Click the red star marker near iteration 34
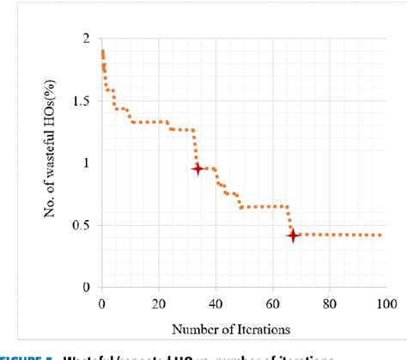pyautogui.click(x=198, y=169)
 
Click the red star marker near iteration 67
pyautogui.click(x=293, y=235)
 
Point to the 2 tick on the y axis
pyautogui.click(x=87, y=39)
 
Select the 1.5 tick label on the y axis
pyautogui.click(x=82, y=101)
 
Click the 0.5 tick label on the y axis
pyautogui.click(x=82, y=226)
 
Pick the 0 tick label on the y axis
pyautogui.click(x=87, y=288)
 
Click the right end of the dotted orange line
pyautogui.click(x=381, y=235)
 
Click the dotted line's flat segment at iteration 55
pyautogui.click(x=258, y=206)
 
